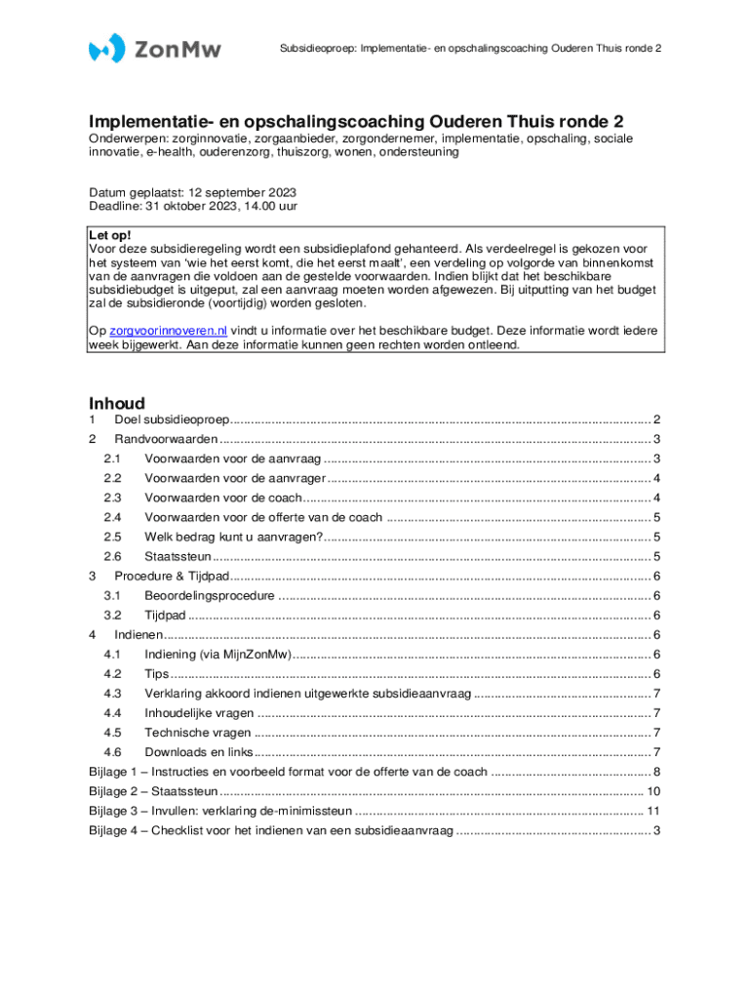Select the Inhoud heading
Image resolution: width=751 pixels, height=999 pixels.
point(117,404)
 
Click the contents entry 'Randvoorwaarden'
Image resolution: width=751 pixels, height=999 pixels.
point(166,439)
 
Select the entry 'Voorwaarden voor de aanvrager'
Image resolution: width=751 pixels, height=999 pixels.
point(233,478)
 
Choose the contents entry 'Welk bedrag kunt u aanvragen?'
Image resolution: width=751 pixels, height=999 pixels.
point(233,537)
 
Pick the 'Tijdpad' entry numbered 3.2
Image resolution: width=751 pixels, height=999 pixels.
point(165,616)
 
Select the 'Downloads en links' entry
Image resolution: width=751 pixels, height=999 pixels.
point(199,752)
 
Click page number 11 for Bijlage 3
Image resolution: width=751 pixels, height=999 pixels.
point(654,811)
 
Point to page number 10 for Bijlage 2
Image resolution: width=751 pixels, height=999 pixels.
point(654,791)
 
